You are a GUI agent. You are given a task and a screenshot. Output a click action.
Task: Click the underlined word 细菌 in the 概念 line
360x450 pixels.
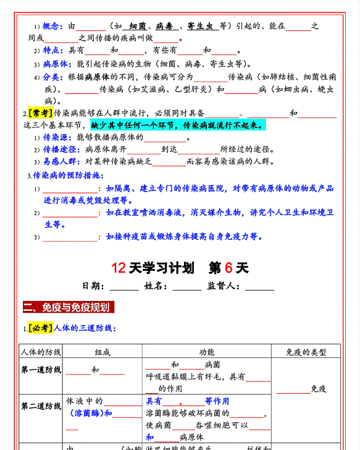click(x=138, y=26)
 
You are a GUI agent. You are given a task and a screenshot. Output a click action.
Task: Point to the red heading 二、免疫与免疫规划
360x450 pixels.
click(x=67, y=307)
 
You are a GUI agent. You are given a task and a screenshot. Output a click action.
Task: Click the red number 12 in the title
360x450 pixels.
click(x=119, y=268)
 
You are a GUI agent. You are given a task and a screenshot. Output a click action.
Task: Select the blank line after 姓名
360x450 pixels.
click(x=186, y=287)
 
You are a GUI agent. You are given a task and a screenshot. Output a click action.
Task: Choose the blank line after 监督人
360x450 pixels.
click(x=259, y=287)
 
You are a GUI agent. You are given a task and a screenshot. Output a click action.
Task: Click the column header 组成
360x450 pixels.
click(x=103, y=352)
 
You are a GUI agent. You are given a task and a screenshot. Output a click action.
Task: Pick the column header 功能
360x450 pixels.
click(x=207, y=352)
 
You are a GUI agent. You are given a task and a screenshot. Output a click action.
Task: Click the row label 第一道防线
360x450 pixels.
click(x=41, y=370)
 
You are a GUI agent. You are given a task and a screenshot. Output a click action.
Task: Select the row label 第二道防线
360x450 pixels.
click(x=41, y=406)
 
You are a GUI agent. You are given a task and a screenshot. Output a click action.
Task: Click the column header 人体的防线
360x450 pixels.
click(x=41, y=352)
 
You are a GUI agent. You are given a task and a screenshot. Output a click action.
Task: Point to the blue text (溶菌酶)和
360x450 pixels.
click(x=91, y=414)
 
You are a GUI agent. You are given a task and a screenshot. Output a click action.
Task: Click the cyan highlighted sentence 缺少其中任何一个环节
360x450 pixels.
click(x=178, y=125)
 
